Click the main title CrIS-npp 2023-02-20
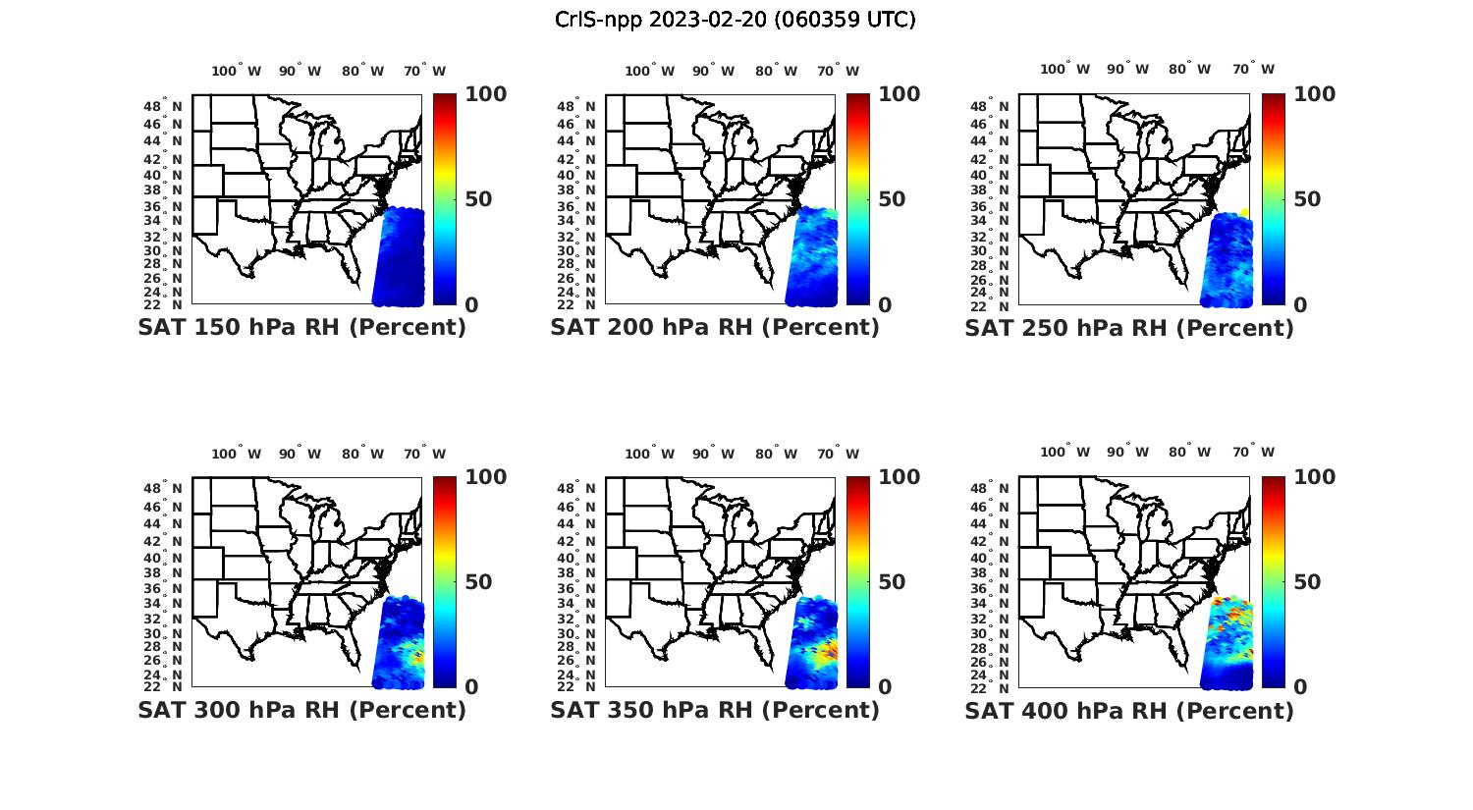pyautogui.click(x=735, y=20)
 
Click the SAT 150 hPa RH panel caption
pyautogui.click(x=302, y=328)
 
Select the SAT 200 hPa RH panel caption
pyautogui.click(x=715, y=328)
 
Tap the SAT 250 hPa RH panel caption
pyautogui.click(x=1129, y=328)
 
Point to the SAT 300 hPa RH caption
pyautogui.click(x=302, y=710)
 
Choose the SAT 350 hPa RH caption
pyautogui.click(x=715, y=710)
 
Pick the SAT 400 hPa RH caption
pyautogui.click(x=1129, y=710)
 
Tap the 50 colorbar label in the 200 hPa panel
pyautogui.click(x=891, y=199)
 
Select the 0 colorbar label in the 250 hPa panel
pyautogui.click(x=1301, y=304)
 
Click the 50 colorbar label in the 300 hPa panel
pyautogui.click(x=478, y=582)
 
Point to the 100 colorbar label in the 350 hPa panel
pyautogui.click(x=900, y=477)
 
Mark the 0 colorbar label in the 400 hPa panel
pyautogui.click(x=1301, y=687)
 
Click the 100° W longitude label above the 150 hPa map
pyautogui.click(x=237, y=71)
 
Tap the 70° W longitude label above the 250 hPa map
pyautogui.click(x=1253, y=69)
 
